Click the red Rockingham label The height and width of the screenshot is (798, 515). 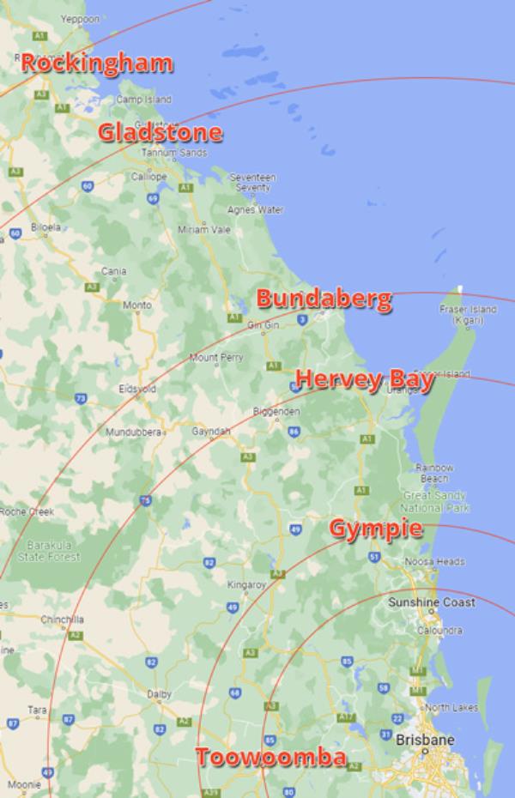pos(97,64)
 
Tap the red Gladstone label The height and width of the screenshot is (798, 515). pos(161,133)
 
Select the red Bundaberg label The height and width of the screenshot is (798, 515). pos(324,299)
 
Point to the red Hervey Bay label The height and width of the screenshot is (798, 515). pos(364,380)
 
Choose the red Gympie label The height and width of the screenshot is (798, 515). pos(376,529)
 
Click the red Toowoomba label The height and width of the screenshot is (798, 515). pos(270,758)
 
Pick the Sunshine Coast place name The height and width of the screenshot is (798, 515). pos(432,603)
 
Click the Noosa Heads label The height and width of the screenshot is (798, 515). pos(434,562)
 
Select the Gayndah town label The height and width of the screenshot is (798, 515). pos(211,431)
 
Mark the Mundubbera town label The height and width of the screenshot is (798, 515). pos(133,432)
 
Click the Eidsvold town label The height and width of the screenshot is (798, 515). pos(137,389)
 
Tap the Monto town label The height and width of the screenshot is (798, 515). pos(137,305)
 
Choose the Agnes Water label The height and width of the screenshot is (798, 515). pos(255,210)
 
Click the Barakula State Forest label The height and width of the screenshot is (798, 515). pos(53,551)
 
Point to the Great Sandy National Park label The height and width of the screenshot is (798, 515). pos(435,502)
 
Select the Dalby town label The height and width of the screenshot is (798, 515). pos(160,693)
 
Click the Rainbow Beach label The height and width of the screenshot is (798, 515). pos(433,473)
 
